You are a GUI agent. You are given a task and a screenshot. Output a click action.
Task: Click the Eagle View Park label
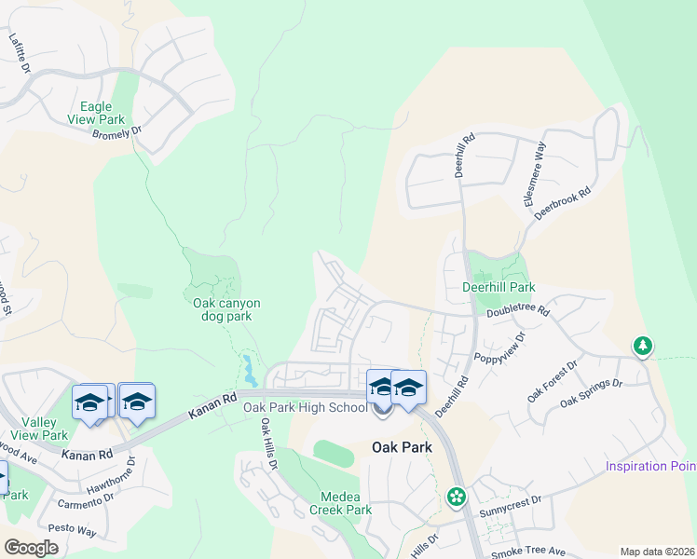click(x=96, y=113)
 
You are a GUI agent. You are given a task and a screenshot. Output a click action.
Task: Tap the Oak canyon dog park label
click(x=226, y=309)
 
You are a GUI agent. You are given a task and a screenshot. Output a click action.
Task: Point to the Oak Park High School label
click(x=305, y=408)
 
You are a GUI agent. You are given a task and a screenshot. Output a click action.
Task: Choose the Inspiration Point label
click(x=650, y=466)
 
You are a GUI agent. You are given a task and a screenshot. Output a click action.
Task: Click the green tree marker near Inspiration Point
click(x=642, y=347)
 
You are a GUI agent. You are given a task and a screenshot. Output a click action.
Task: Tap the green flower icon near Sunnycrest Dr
click(x=457, y=497)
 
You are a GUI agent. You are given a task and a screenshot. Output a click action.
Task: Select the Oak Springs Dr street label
click(x=591, y=392)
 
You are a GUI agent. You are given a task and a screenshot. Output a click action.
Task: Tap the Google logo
click(x=31, y=548)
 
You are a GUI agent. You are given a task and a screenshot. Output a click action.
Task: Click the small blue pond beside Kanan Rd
click(x=249, y=370)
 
